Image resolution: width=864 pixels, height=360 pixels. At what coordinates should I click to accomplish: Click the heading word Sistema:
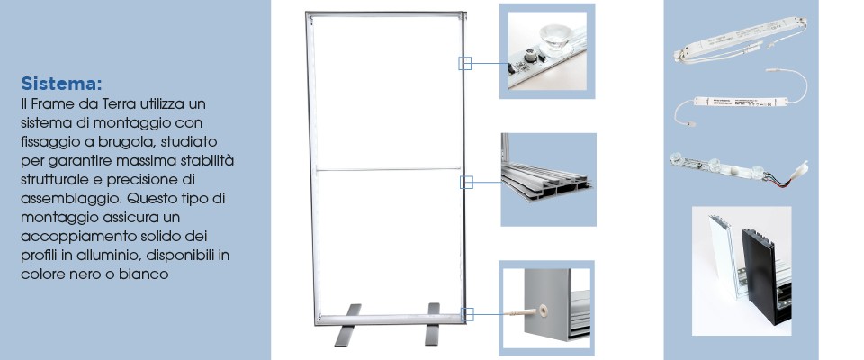pyautogui.click(x=61, y=84)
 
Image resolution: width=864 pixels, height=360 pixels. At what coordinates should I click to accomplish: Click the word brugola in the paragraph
pyautogui.click(x=117, y=141)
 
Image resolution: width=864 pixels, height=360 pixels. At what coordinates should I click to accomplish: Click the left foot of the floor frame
pyautogui.click(x=347, y=325)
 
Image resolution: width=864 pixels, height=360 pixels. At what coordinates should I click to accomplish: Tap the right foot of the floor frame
pyautogui.click(x=433, y=324)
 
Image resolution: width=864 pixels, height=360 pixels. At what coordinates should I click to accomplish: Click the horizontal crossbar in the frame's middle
pyautogui.click(x=388, y=170)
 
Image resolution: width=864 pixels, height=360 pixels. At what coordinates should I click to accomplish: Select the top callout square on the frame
pyautogui.click(x=465, y=63)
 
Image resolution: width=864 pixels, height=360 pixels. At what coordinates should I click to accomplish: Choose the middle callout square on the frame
pyautogui.click(x=467, y=183)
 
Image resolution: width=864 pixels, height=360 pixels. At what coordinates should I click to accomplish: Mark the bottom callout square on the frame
pyautogui.click(x=467, y=315)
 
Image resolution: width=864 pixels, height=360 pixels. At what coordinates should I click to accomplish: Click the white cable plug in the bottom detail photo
pyautogui.click(x=528, y=312)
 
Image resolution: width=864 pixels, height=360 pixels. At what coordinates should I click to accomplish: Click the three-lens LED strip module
pyautogui.click(x=738, y=168)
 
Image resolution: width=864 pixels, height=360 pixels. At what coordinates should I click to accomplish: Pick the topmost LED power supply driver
pyautogui.click(x=740, y=39)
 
